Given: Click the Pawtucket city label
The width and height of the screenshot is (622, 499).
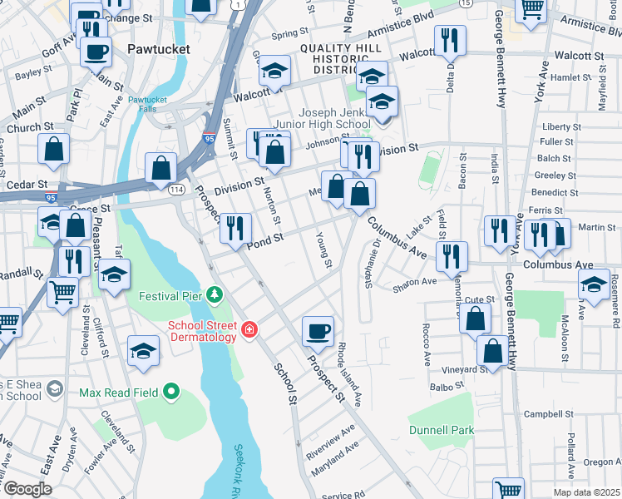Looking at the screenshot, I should pyautogui.click(x=159, y=49).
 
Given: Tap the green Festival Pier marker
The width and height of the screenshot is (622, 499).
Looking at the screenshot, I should pyautogui.click(x=215, y=294).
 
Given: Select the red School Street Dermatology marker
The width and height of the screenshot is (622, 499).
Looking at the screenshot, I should pyautogui.click(x=249, y=331).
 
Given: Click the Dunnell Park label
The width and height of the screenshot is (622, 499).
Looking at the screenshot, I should pyautogui.click(x=441, y=431).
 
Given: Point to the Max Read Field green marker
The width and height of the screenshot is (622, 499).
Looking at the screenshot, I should pyautogui.click(x=171, y=391).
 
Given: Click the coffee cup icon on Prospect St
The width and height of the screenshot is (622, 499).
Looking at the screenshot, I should pyautogui.click(x=318, y=331).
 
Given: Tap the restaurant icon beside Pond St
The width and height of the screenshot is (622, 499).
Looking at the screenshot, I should pyautogui.click(x=236, y=227).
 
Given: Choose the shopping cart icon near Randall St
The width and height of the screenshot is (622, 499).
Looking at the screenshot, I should pyautogui.click(x=63, y=293).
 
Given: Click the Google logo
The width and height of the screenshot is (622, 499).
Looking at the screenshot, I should pyautogui.click(x=27, y=489).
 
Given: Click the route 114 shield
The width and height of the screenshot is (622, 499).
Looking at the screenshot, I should pyautogui.click(x=176, y=190).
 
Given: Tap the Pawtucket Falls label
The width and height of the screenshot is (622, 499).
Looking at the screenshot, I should pyautogui.click(x=147, y=105).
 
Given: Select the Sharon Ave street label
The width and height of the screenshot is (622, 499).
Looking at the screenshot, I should pyautogui.click(x=415, y=283).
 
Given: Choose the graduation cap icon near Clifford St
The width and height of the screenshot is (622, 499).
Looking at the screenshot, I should pyautogui.click(x=114, y=274).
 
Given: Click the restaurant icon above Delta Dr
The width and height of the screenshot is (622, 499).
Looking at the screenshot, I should pyautogui.click(x=450, y=39).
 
